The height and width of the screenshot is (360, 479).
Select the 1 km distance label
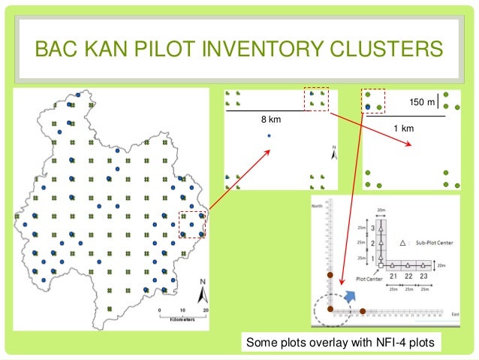(x=404, y=129)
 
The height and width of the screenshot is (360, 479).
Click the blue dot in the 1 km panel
(x=368, y=107)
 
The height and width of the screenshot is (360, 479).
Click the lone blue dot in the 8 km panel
(x=269, y=135)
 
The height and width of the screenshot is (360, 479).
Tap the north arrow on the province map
(x=202, y=289)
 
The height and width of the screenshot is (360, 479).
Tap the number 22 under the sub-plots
(x=408, y=277)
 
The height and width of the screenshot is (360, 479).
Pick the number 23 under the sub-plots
(x=424, y=277)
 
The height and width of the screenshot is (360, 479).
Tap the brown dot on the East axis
(x=363, y=310)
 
